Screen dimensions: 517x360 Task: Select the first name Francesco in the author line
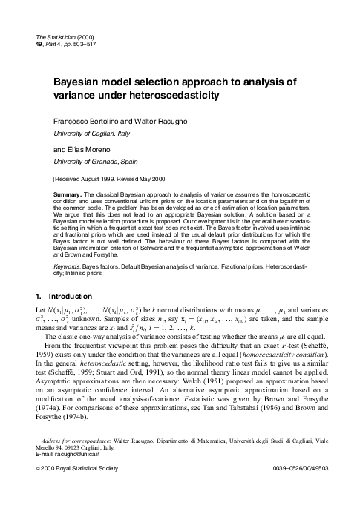point(72,120)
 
